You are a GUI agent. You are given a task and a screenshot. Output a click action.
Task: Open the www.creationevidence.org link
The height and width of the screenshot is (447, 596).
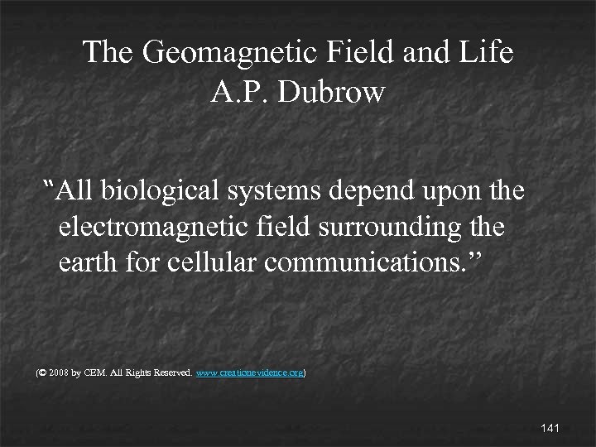coord(252,374)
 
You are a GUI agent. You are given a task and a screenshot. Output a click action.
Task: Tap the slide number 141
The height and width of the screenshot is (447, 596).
coord(550,428)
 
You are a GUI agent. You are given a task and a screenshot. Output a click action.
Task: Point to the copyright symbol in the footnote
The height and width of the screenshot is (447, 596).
coord(42,374)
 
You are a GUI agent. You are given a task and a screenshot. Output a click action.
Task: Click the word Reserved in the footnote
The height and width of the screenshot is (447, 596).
coord(171,374)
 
